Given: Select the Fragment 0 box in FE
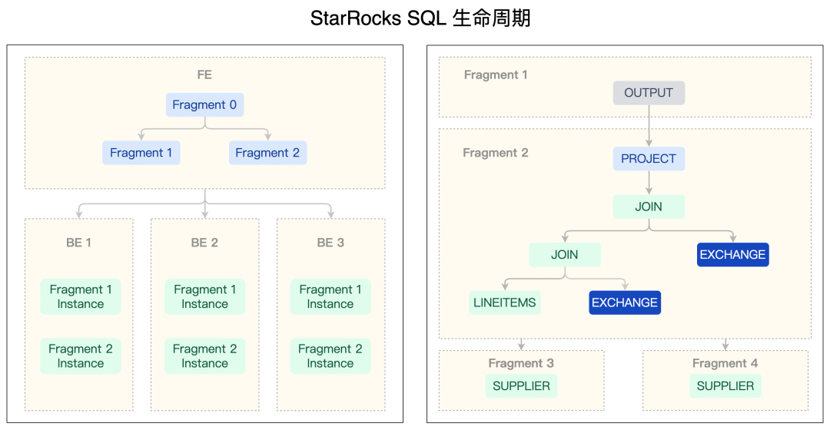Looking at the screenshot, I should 204,105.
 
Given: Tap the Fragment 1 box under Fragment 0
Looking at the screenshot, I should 141,153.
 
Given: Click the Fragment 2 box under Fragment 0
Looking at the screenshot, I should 267,153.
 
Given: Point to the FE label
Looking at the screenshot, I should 204,75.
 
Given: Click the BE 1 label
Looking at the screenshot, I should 78,243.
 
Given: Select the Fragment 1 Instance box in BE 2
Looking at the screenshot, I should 204,296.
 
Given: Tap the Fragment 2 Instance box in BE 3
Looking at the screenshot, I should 330,356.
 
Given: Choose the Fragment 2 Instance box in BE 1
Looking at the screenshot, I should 81,356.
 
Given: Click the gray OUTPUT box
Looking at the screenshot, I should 649,93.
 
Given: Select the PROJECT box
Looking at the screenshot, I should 649,159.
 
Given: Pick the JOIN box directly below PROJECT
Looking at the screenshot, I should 649,207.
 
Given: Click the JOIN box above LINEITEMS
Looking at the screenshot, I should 565,255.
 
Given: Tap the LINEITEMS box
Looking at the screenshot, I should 505,302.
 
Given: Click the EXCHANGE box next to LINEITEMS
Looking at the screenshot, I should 625,302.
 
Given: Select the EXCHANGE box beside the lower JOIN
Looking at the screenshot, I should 732,255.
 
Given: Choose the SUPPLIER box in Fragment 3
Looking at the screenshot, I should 521,386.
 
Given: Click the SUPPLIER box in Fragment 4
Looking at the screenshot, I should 725,386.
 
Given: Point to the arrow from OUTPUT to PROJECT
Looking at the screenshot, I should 649,125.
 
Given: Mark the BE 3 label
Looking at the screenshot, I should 330,243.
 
